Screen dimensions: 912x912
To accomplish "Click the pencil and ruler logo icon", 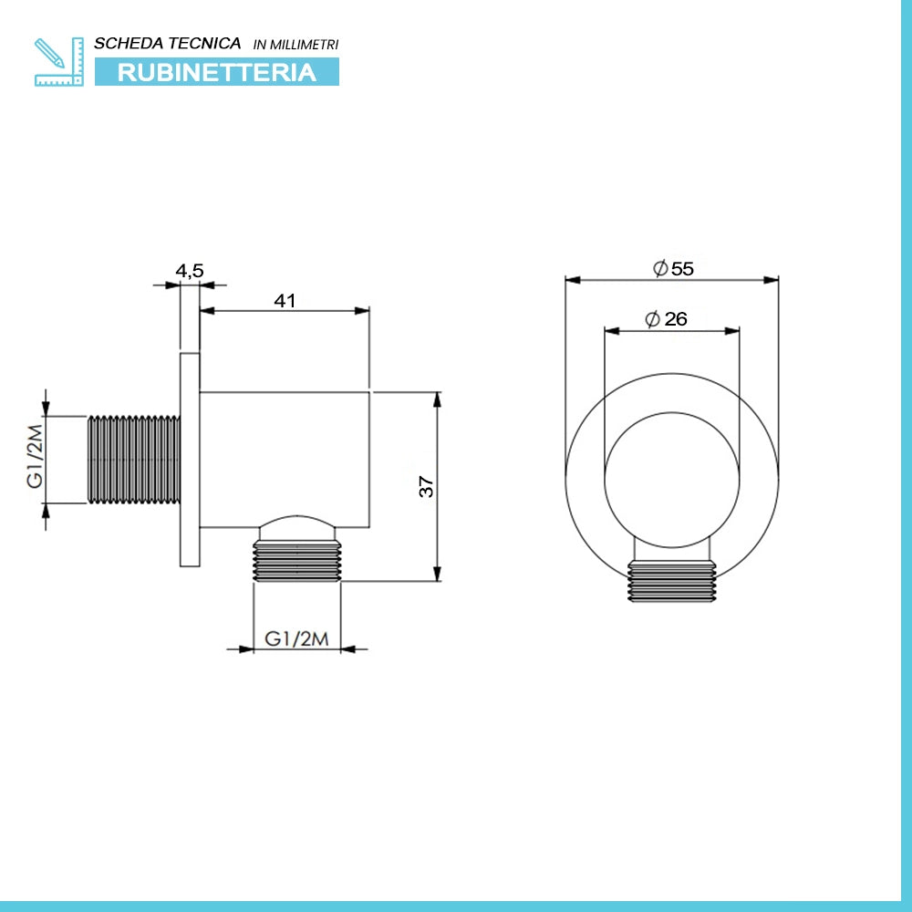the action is [x=58, y=62].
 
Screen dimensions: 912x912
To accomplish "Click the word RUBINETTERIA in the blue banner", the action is [x=217, y=72].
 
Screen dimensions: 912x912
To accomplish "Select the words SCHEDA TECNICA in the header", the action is [x=168, y=43].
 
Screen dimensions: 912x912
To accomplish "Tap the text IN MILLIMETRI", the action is [x=295, y=44].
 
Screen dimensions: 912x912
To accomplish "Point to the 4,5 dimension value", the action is [x=190, y=271].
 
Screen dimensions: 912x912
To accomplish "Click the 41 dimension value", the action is [x=285, y=301].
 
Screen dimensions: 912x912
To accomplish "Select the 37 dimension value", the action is [x=426, y=486].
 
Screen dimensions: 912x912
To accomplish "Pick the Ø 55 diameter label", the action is [x=673, y=268].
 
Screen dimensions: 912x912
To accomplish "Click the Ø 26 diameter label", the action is [x=666, y=318].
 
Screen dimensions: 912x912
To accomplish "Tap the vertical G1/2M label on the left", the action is [x=36, y=456].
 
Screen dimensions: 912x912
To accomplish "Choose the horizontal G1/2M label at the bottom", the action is [x=296, y=638].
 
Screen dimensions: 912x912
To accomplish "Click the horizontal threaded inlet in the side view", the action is [x=134, y=460].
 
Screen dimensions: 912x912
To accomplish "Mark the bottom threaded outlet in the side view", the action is [x=296, y=561].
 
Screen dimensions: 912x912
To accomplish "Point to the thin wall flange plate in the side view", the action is [x=190, y=460].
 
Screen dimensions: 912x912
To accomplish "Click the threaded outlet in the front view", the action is [x=672, y=580].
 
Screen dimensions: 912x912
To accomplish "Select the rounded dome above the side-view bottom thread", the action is [x=297, y=527].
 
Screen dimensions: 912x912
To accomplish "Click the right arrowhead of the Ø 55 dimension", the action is [x=772, y=280].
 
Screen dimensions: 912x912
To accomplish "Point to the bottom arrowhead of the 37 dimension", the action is [x=438, y=574].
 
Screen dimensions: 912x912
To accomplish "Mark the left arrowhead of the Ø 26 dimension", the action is [x=612, y=331].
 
